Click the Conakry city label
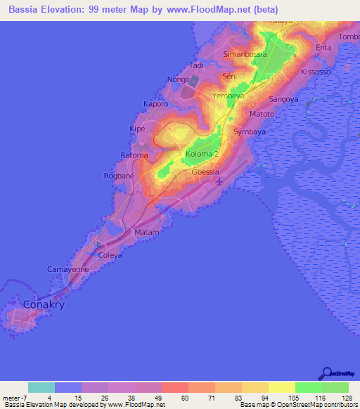44,305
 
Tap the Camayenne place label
67,269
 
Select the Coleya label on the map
110,255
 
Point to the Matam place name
147,232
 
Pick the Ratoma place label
134,155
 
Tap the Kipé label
137,131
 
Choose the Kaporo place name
156,104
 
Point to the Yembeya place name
228,95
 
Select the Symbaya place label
250,132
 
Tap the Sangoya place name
284,100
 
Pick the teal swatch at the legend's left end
41,387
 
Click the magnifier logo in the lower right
326,375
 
